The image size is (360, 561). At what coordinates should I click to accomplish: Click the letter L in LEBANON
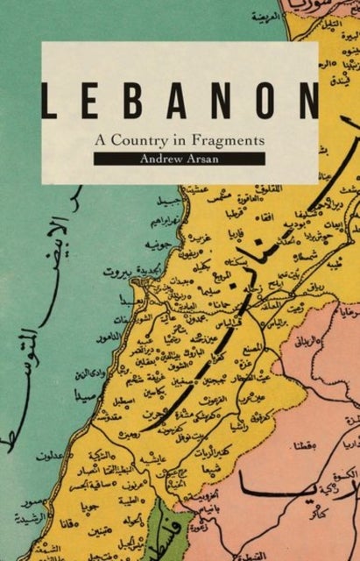tap(53, 103)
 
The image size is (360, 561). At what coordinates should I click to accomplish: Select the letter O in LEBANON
tap(269, 103)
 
